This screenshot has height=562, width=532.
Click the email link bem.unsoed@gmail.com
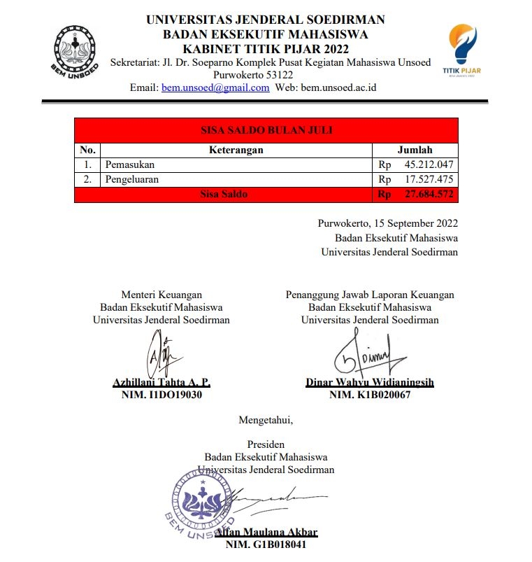pos(215,87)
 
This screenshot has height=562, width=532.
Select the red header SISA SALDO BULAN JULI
pos(266,130)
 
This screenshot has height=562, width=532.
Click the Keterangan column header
pos(236,150)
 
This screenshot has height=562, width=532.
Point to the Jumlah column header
pos(415,150)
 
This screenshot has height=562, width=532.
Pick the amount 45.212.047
pos(429,165)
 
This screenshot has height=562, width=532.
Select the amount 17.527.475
pos(429,179)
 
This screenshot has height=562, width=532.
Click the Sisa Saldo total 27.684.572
pos(429,195)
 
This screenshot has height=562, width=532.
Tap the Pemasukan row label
pos(129,165)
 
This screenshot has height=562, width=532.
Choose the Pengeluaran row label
pos(131,179)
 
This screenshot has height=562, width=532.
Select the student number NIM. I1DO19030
pos(161,395)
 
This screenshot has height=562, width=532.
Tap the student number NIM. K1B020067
pos(370,395)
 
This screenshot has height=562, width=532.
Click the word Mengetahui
pos(266,421)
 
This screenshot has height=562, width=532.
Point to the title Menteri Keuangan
pos(161,295)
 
